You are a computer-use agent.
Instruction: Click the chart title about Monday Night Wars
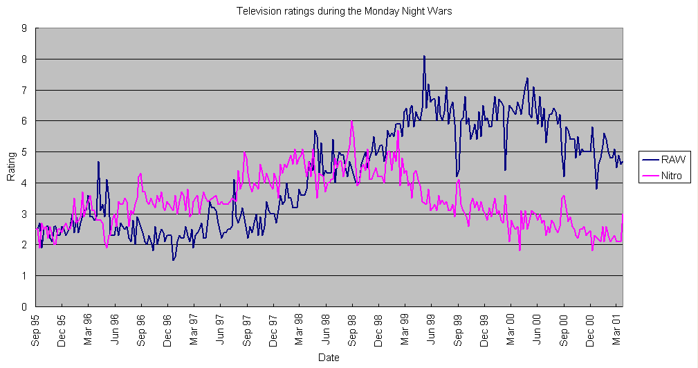click(349, 11)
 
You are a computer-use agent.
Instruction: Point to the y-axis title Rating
click(11, 167)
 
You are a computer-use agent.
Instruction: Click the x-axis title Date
click(329, 358)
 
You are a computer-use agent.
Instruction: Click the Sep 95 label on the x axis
click(35, 329)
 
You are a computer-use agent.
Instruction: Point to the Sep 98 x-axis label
click(352, 329)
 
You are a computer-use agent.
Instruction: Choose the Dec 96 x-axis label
click(167, 329)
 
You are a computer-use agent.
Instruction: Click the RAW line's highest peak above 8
click(424, 56)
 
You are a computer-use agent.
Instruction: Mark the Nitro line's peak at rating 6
click(352, 122)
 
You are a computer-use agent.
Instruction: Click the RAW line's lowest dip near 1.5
click(174, 260)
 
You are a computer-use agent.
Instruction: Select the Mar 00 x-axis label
click(511, 329)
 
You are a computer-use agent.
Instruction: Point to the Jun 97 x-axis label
click(220, 329)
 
